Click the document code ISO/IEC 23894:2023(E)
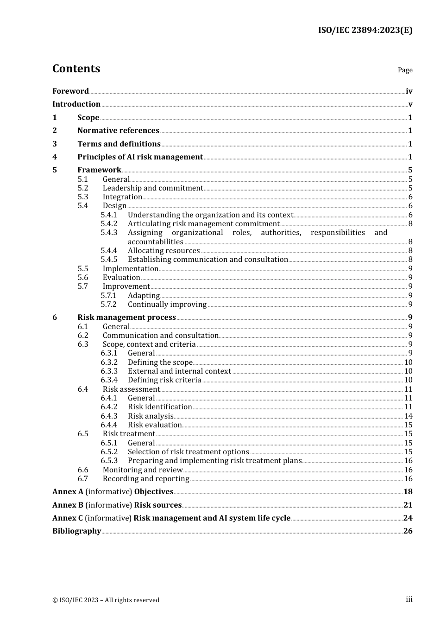365,30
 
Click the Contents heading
76,69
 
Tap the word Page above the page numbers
405,70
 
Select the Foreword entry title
70,91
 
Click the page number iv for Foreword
409,91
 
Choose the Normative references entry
118,131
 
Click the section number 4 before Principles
55,157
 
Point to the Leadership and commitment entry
153,188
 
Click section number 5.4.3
109,233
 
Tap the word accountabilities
156,242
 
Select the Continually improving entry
167,305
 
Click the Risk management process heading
126,318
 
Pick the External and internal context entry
179,371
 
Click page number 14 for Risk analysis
408,416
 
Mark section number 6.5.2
109,452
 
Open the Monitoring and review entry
143,470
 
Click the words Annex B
68,505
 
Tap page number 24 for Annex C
408,518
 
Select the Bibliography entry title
76,531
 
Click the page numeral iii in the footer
409,599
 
